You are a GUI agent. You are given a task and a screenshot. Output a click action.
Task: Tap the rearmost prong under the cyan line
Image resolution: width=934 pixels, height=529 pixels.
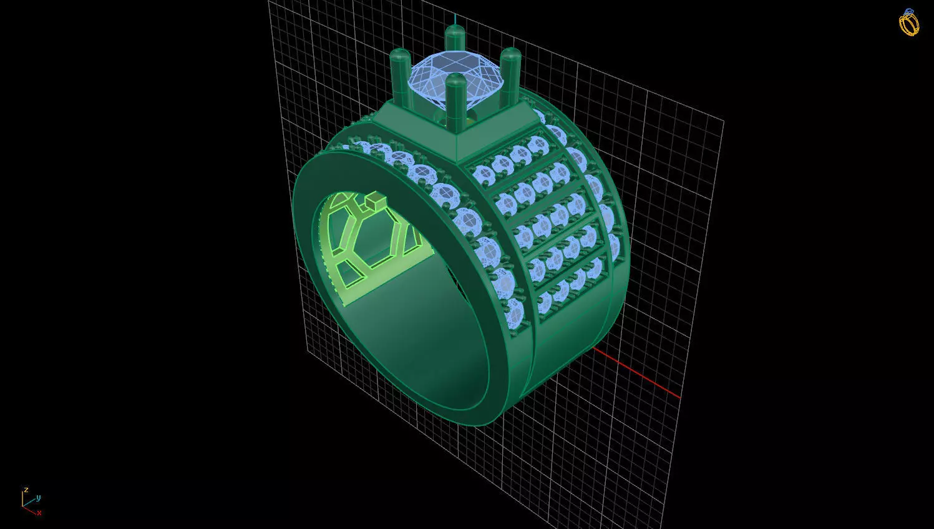coord(455,37)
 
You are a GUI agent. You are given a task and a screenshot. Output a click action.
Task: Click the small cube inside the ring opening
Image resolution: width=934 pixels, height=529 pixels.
coord(375,201)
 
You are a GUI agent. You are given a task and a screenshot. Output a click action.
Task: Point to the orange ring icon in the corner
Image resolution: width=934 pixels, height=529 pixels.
coord(908,22)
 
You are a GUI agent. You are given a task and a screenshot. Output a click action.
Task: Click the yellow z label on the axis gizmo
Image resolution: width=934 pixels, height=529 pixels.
coord(26,490)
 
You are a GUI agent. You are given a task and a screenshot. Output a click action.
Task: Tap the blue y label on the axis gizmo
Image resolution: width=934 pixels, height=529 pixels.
coord(39,498)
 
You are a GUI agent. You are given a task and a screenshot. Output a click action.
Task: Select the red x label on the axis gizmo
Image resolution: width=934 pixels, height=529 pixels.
coord(39,513)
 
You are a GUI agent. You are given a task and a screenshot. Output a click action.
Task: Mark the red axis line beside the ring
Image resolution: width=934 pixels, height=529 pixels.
coord(643,375)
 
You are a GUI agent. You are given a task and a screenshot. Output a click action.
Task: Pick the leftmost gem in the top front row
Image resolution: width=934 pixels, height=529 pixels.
coord(483,172)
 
